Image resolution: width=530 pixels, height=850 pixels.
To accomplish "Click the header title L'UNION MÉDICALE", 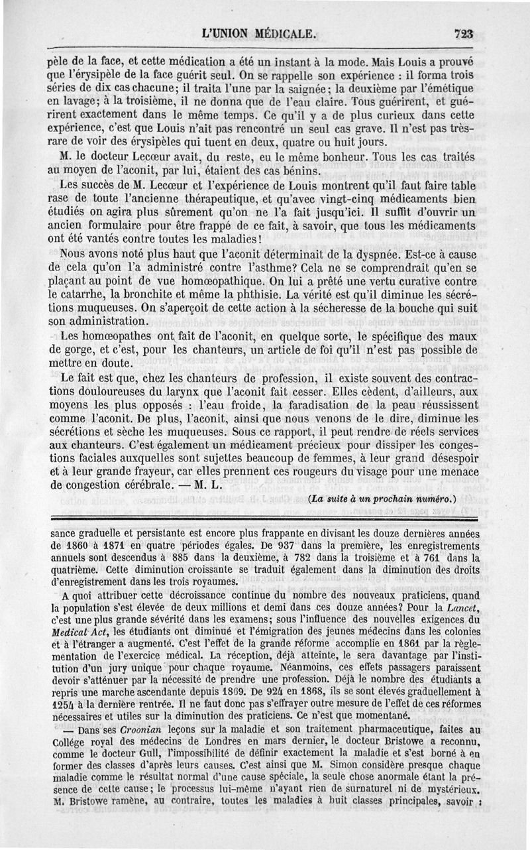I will coord(260,34).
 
